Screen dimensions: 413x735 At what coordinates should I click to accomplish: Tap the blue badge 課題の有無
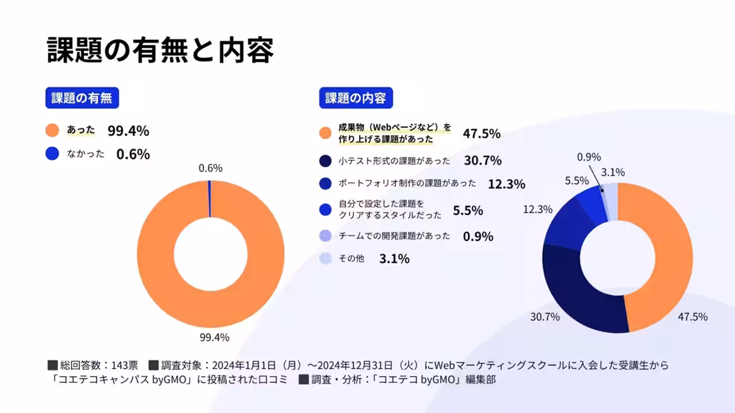(82, 98)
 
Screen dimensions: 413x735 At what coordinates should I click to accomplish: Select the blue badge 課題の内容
(356, 98)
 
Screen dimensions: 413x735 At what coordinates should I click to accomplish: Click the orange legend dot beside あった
(52, 130)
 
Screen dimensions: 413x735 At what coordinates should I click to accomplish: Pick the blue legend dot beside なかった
(52, 154)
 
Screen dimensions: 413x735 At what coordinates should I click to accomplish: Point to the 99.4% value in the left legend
(129, 130)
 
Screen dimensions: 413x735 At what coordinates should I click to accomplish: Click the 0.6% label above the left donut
(211, 168)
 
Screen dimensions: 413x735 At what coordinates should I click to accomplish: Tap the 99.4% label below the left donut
(214, 338)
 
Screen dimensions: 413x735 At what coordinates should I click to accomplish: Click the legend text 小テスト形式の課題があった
(394, 161)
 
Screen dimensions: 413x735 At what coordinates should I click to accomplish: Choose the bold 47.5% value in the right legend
(482, 134)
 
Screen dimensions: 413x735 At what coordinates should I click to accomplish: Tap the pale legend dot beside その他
(325, 259)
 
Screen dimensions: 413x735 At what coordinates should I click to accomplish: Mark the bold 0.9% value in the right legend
(478, 237)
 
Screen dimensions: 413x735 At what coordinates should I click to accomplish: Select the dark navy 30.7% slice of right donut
(577, 295)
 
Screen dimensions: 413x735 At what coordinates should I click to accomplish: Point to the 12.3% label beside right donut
(537, 209)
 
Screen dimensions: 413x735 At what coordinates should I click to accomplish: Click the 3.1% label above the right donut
(612, 172)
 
